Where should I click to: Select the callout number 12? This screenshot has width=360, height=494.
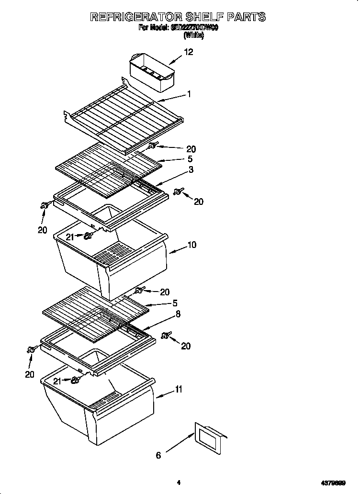pyautogui.click(x=189, y=52)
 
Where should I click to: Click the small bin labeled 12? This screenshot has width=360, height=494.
pyautogui.click(x=152, y=72)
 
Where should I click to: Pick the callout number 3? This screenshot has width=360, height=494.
pyautogui.click(x=191, y=169)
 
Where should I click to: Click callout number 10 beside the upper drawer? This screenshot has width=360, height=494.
pyautogui.click(x=191, y=245)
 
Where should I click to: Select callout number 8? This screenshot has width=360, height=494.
pyautogui.click(x=178, y=314)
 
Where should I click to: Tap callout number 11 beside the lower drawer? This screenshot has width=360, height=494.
pyautogui.click(x=178, y=390)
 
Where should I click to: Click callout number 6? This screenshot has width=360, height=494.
pyautogui.click(x=158, y=455)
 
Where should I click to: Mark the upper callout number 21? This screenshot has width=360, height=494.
pyautogui.click(x=69, y=236)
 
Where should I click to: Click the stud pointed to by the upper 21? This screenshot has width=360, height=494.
pyautogui.click(x=88, y=236)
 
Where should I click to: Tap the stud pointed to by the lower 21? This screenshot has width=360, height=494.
pyautogui.click(x=75, y=380)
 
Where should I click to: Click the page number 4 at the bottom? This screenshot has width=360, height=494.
pyautogui.click(x=179, y=483)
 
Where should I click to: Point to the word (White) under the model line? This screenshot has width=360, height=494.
pyautogui.click(x=194, y=35)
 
